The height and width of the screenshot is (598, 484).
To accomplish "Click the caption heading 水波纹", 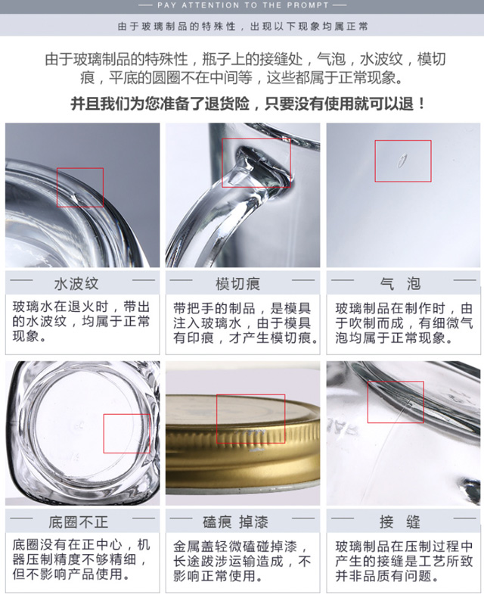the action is [x=76, y=284].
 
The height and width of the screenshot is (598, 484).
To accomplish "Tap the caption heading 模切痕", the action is [x=237, y=284].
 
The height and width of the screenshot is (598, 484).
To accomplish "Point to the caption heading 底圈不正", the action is [x=78, y=522].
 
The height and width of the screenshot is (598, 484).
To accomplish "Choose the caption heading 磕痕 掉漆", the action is [x=235, y=522].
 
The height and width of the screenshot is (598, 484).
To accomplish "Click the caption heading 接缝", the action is [x=400, y=522].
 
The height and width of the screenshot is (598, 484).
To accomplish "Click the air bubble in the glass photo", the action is [x=402, y=160].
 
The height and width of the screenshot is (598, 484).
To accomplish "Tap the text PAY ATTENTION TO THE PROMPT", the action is [x=243, y=5].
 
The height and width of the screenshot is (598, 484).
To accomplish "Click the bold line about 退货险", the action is [x=248, y=104].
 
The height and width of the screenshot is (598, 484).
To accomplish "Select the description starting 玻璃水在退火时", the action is [x=81, y=322].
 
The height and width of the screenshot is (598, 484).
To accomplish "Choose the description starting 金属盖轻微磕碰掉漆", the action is [x=242, y=561].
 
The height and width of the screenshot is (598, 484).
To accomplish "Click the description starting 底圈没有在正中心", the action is [x=81, y=559].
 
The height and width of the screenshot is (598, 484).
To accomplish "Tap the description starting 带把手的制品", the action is [x=246, y=323].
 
